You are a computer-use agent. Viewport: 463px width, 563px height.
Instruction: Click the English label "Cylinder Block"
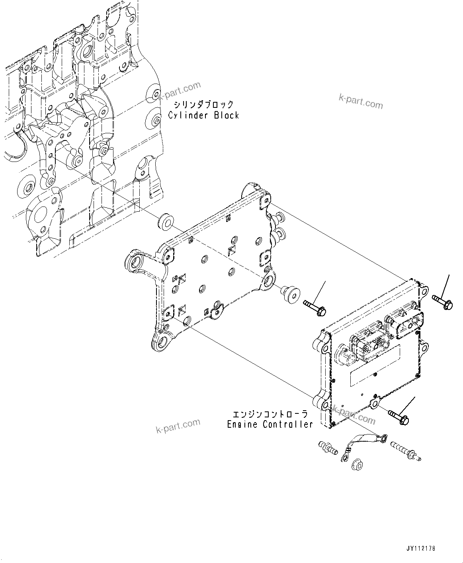tap(203, 115)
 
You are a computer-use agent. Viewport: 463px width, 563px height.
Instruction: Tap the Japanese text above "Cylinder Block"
tap(203, 105)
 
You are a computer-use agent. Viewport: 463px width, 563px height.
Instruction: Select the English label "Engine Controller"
tap(270, 424)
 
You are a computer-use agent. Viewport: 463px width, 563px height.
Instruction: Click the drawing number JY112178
tap(421, 548)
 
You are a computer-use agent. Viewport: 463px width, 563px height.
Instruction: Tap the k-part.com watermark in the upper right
tap(360, 101)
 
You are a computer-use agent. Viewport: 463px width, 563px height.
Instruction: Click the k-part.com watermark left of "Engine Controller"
tap(178, 426)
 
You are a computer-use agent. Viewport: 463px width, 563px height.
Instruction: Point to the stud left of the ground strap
tap(328, 448)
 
